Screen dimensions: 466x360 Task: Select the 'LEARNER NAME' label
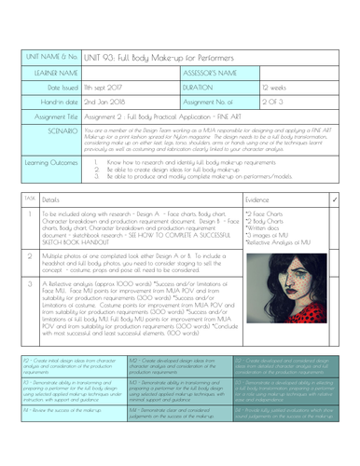pyautogui.click(x=53, y=70)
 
